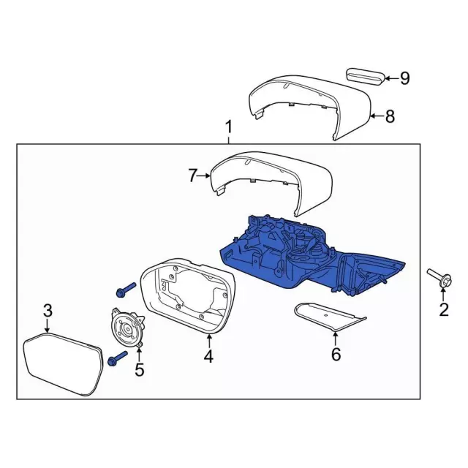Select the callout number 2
pyautogui.click(x=443, y=310)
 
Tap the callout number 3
pyautogui.click(x=48, y=312)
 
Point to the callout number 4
pyautogui.click(x=208, y=356)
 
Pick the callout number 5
pyautogui.click(x=139, y=370)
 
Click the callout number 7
pyautogui.click(x=192, y=175)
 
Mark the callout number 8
pyautogui.click(x=390, y=116)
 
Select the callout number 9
pyautogui.click(x=404, y=78)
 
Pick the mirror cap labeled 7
pyautogui.click(x=271, y=175)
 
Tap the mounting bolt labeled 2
pyautogui.click(x=438, y=277)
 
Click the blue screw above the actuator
pyautogui.click(x=125, y=290)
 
